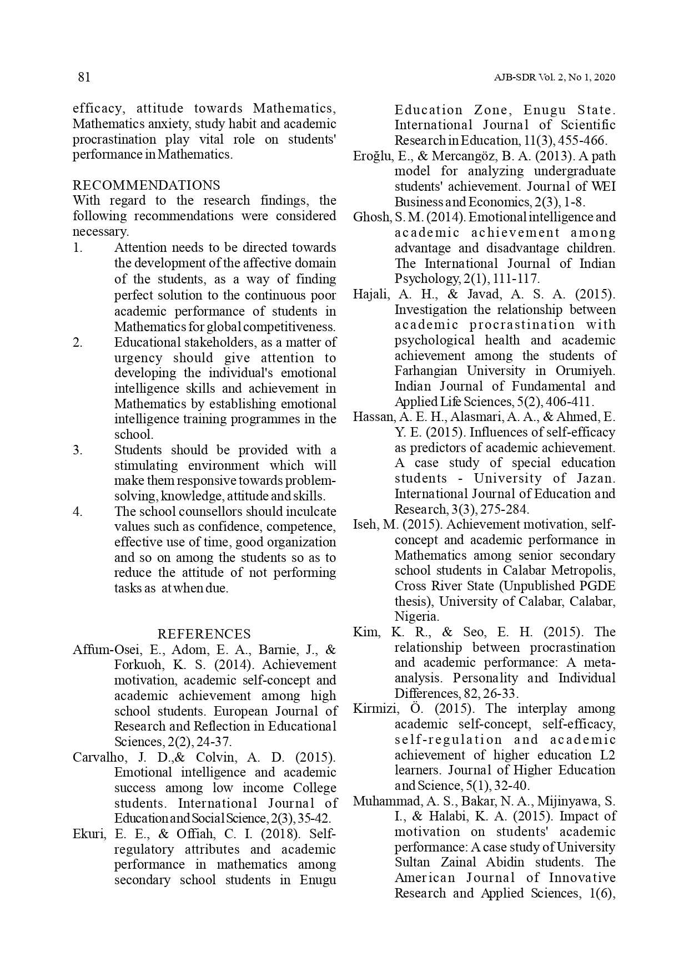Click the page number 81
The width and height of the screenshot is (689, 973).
click(x=84, y=77)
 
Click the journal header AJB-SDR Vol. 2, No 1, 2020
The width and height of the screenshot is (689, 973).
click(x=554, y=78)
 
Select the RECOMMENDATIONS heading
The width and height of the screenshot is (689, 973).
click(x=146, y=185)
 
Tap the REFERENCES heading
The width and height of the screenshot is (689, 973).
click(x=204, y=634)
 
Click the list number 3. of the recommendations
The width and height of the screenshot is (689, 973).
click(x=78, y=450)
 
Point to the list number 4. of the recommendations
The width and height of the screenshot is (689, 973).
click(x=78, y=511)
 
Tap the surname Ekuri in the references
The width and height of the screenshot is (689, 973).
click(x=87, y=834)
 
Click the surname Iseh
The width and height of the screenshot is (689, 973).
click(x=365, y=525)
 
